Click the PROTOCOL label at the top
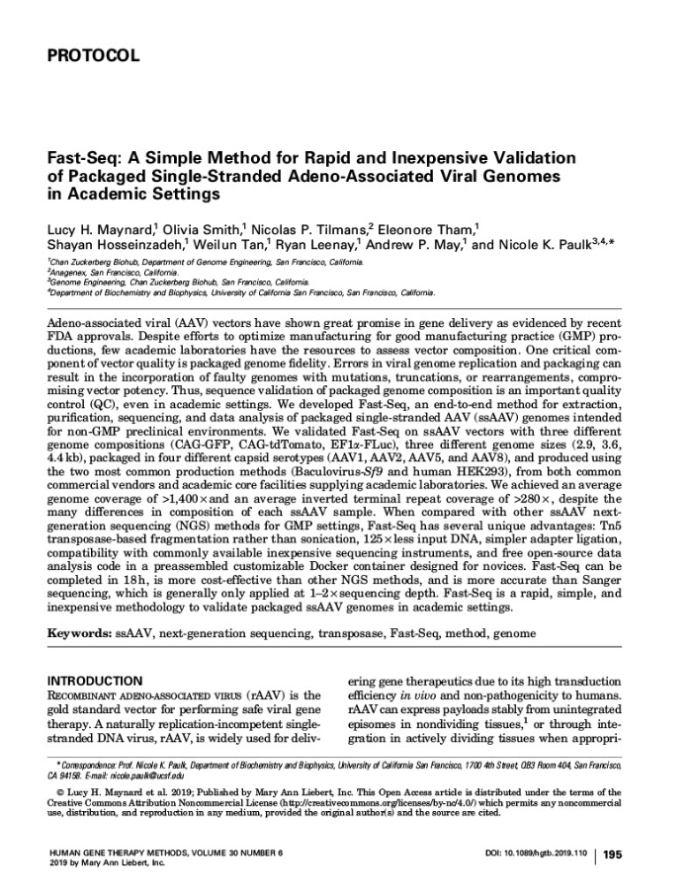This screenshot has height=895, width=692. pyautogui.click(x=93, y=56)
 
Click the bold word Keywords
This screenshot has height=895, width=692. pyautogui.click(x=79, y=630)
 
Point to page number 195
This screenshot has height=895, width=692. pyautogui.click(x=612, y=855)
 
